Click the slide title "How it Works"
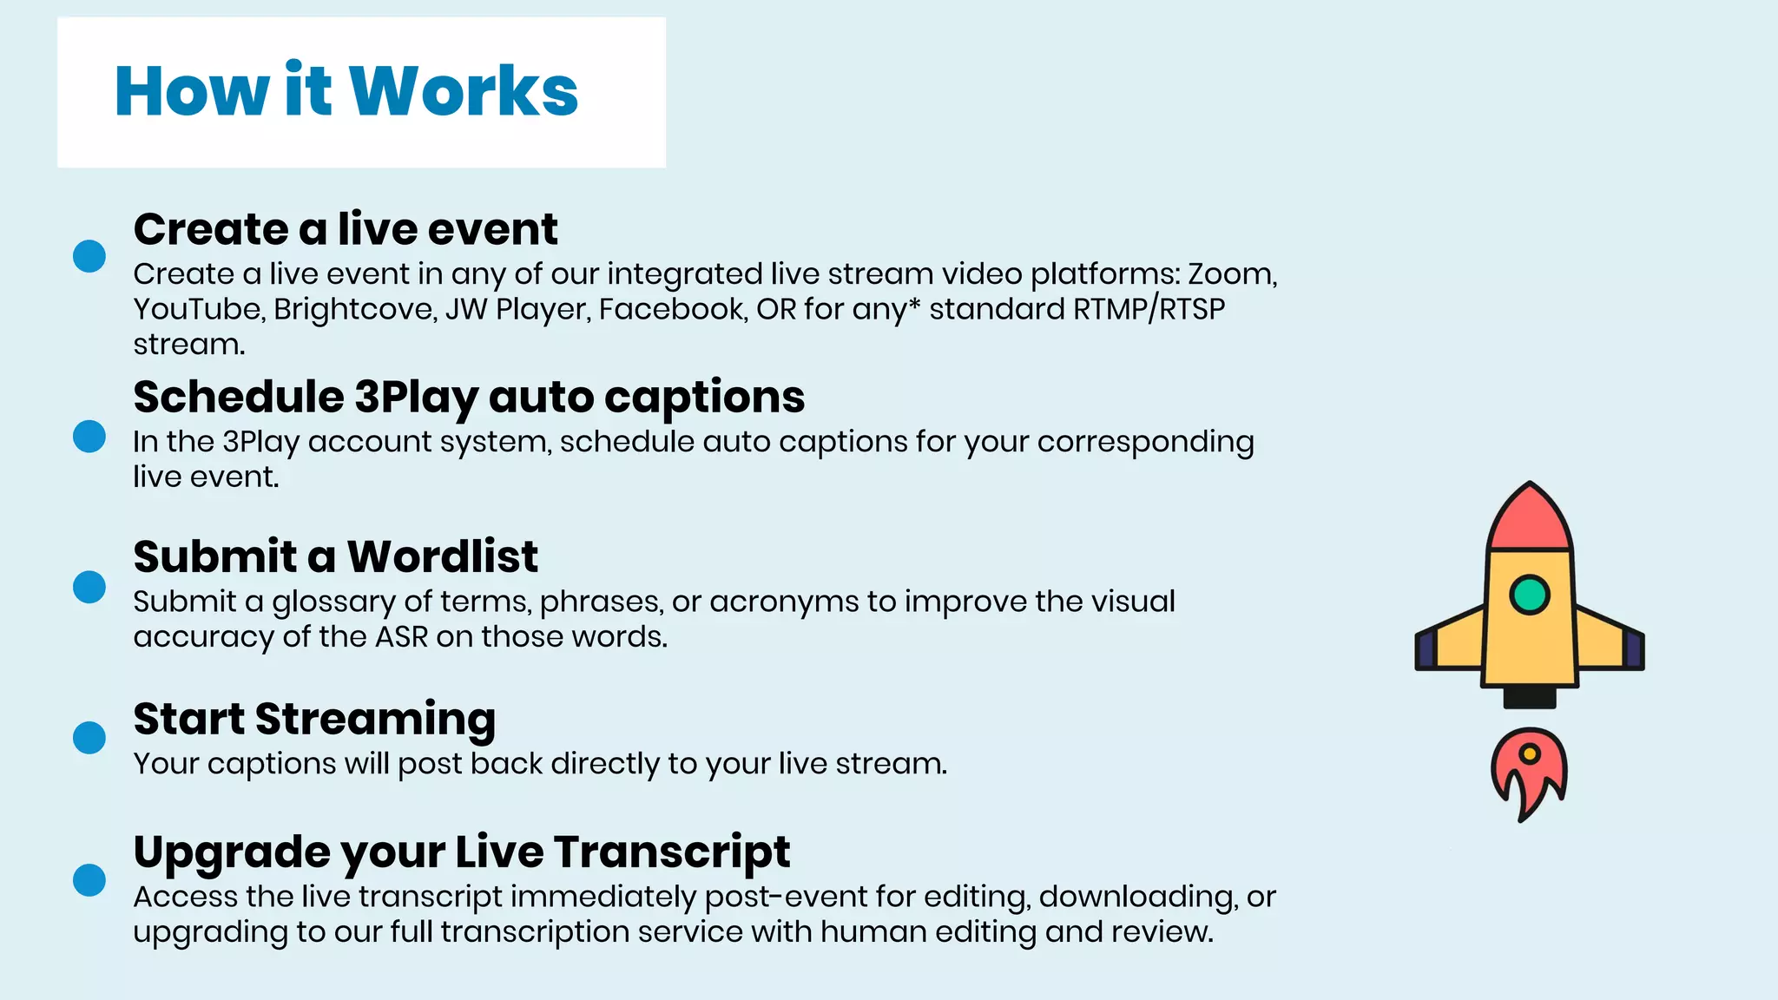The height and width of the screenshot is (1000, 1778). point(346,91)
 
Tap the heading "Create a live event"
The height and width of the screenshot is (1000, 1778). point(345,229)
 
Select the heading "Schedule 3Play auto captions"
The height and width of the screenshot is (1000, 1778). point(469,397)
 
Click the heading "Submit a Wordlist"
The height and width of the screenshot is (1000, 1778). point(335,556)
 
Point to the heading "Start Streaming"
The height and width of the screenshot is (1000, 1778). point(314,719)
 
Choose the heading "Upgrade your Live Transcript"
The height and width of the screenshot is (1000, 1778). point(461,852)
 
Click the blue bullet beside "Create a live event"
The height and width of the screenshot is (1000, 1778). point(89,256)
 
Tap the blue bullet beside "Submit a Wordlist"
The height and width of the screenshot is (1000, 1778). point(89,587)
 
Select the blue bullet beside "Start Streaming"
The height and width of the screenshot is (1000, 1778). point(89,738)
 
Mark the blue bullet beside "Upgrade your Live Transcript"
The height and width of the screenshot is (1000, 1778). point(89,880)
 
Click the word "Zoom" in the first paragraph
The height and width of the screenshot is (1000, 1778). point(1230,274)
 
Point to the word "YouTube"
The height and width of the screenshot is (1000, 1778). point(198,310)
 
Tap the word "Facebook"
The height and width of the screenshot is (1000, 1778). point(672,310)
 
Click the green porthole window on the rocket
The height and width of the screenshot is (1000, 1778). point(1530,595)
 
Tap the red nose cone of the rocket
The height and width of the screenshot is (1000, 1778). point(1530,521)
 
